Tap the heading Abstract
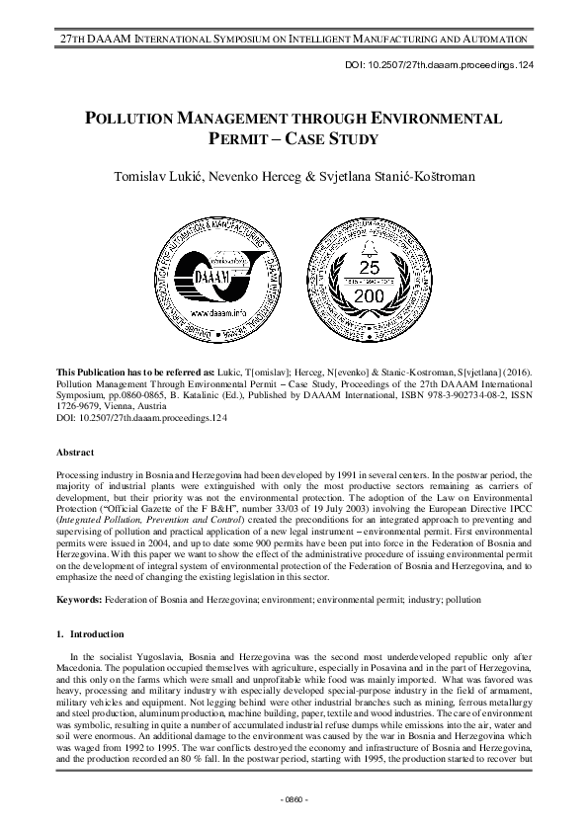[x=76, y=452]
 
